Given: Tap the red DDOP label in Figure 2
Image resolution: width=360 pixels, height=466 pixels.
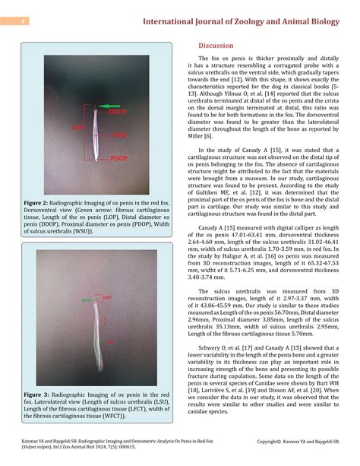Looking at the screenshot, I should click(116, 112).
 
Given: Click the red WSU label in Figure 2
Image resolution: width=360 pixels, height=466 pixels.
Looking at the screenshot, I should click(119, 135).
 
